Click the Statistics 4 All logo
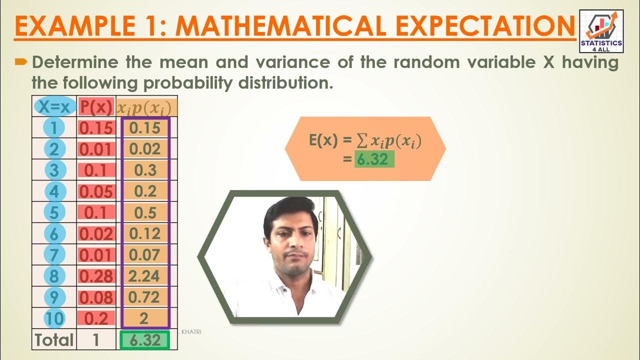point(601,31)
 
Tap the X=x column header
point(54,106)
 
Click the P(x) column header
point(96,106)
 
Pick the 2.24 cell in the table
point(145,276)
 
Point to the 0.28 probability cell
point(96,276)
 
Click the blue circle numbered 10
point(54,318)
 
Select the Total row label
point(54,340)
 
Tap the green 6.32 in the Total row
point(145,340)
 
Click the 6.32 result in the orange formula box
point(374,159)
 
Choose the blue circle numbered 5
point(54,212)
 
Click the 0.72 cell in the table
point(145,297)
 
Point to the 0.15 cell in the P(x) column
point(96,128)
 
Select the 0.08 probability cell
point(96,297)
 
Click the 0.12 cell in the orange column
point(145,233)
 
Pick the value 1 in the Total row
point(96,340)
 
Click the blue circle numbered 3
point(54,170)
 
